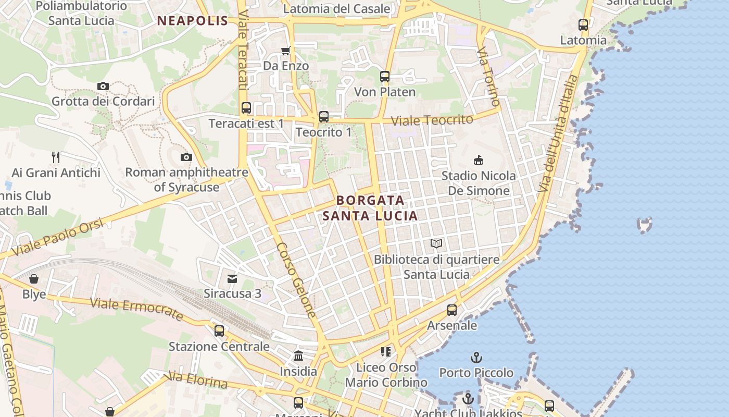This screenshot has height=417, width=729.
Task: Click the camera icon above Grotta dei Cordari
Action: (103, 86)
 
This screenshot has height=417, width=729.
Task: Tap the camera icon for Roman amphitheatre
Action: (186, 157)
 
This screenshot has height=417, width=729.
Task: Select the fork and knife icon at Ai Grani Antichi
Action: (56, 157)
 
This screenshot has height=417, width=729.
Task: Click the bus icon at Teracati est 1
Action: (246, 108)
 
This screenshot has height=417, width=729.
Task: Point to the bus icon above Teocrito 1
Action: (324, 117)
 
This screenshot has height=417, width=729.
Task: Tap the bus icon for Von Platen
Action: (385, 77)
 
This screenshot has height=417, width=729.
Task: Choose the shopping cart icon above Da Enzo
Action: (285, 51)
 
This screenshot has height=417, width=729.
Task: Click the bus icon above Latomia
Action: (583, 24)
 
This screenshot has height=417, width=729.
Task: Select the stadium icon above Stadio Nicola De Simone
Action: (479, 160)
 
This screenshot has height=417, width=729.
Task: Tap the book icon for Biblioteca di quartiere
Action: (436, 243)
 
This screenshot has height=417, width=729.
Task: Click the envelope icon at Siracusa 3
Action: (232, 278)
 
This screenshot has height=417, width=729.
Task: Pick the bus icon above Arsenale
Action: (452, 310)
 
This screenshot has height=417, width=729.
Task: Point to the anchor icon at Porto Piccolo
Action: (476, 358)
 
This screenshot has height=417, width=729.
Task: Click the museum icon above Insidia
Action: (298, 356)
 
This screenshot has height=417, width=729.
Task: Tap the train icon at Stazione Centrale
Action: (219, 331)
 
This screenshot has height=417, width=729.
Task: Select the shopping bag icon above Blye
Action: (34, 279)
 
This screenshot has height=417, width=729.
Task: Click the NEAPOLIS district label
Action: (193, 21)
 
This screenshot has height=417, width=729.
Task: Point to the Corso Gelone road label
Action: (296, 280)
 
